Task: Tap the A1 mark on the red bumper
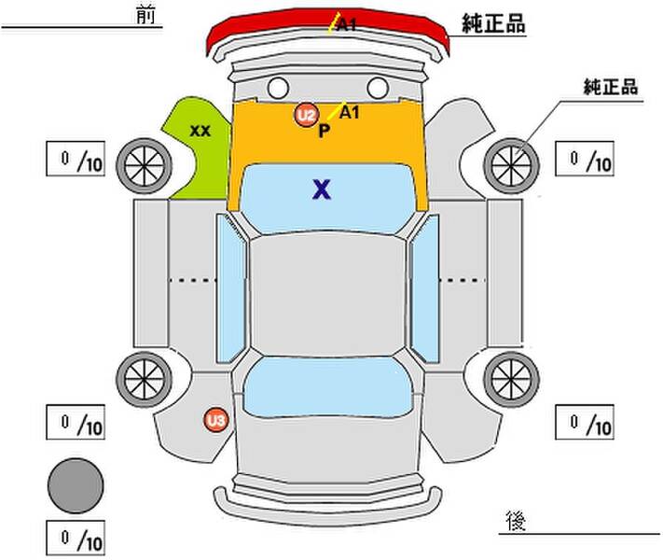345,25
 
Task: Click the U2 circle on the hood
305,116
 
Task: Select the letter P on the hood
324,131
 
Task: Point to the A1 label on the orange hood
350,112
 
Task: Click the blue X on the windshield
322,190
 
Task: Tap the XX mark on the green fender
199,131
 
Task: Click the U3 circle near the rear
216,421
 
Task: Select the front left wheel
145,164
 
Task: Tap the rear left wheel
145,377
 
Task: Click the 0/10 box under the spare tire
76,539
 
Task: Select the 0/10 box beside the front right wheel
586,161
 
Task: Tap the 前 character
144,16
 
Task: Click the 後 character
514,518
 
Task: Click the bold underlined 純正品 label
493,24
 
